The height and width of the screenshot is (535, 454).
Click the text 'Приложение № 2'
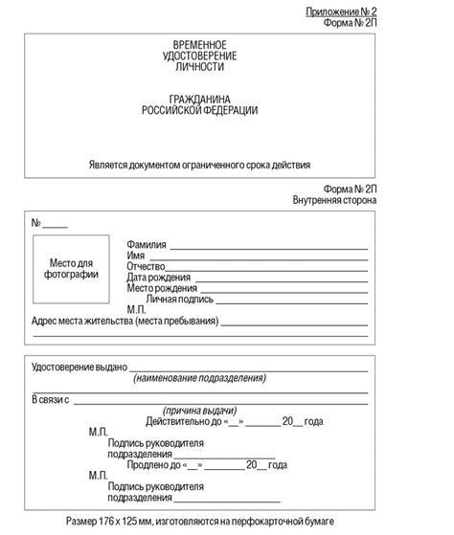click(x=342, y=11)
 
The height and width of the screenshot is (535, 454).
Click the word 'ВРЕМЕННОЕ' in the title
click(x=199, y=46)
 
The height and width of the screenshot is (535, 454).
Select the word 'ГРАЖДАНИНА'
click(x=199, y=100)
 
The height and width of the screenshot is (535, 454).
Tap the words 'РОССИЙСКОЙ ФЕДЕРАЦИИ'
click(x=199, y=111)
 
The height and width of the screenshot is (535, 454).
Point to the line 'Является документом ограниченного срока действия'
click(x=199, y=164)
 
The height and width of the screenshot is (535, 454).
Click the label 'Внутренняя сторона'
click(x=335, y=201)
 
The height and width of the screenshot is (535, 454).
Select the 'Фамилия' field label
click(x=147, y=245)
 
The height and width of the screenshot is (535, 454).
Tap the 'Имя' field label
click(x=136, y=256)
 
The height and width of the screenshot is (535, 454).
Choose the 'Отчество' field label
click(x=147, y=266)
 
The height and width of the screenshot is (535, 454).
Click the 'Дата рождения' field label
click(x=158, y=278)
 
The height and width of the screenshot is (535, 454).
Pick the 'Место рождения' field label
click(x=162, y=288)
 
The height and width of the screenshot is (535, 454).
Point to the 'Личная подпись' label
click(x=180, y=299)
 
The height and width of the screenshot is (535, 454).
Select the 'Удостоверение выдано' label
click(x=79, y=368)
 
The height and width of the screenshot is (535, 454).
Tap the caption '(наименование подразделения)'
click(x=199, y=379)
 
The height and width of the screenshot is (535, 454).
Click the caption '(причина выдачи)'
click(x=199, y=410)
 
